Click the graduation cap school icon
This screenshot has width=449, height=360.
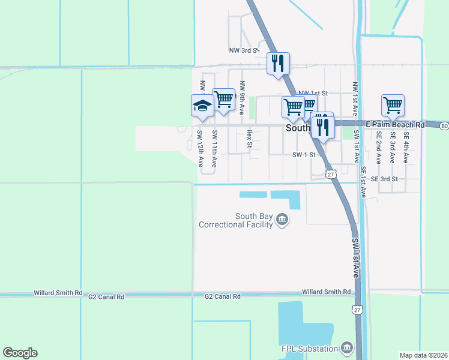pyautogui.click(x=202, y=106)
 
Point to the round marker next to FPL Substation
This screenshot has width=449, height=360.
pyautogui.click(x=346, y=347)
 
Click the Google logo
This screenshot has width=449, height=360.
pyautogui.click(x=20, y=353)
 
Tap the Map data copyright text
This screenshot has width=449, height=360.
pyautogui.click(x=424, y=355)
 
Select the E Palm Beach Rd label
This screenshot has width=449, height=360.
pyautogui.click(x=394, y=125)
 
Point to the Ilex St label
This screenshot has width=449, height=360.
pyautogui.click(x=249, y=139)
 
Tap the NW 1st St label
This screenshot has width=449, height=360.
pyautogui.click(x=313, y=93)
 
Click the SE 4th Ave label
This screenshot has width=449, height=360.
pyautogui.click(x=406, y=148)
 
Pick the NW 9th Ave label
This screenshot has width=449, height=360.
pyautogui.click(x=241, y=98)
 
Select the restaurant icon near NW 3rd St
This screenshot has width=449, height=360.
pyautogui.click(x=278, y=64)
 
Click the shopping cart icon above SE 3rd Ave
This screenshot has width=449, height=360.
pyautogui.click(x=392, y=106)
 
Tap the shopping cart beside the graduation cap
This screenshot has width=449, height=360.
pyautogui.click(x=223, y=100)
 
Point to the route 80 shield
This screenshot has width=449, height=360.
pyautogui.click(x=444, y=126)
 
